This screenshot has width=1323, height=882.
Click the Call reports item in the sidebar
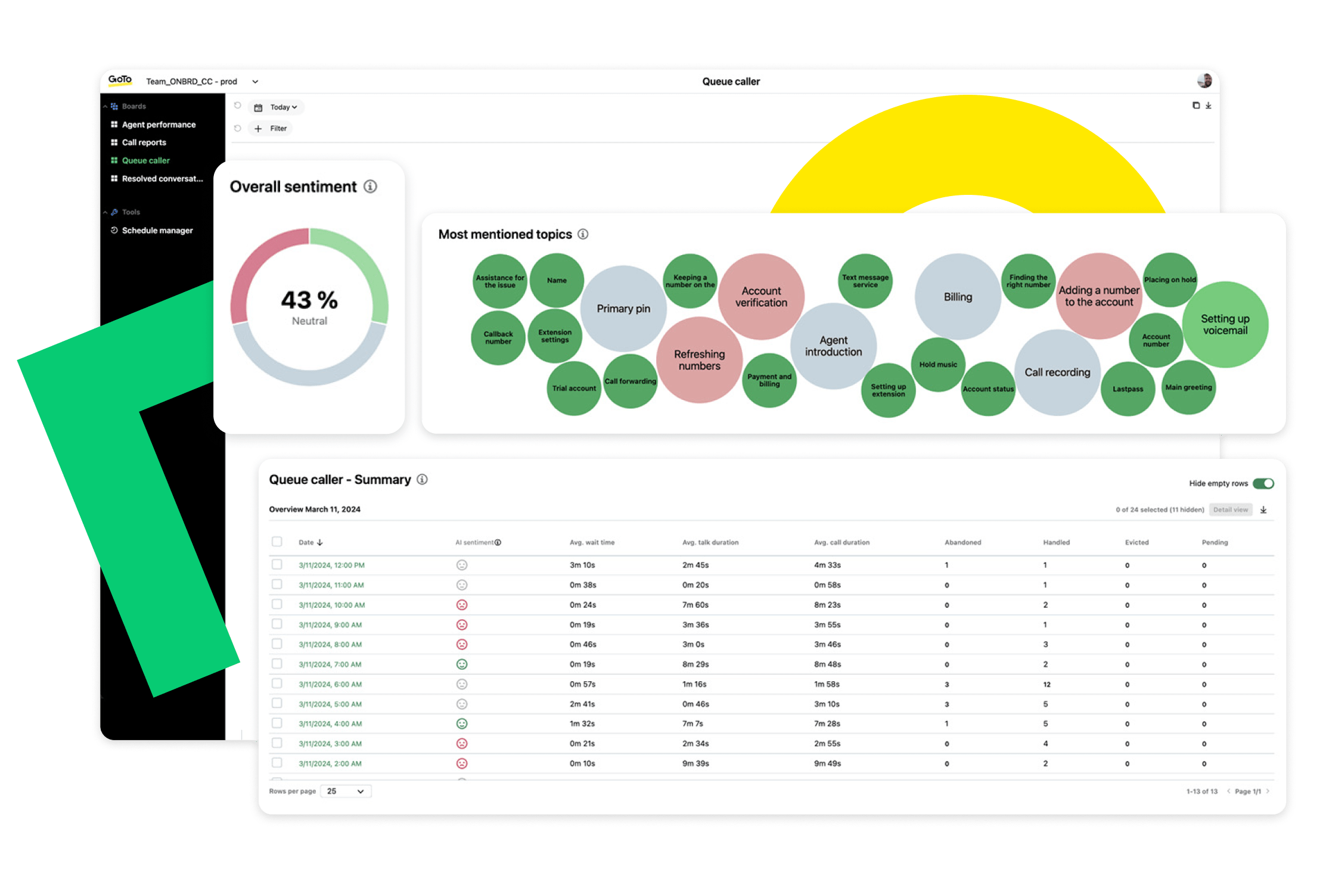coord(144,142)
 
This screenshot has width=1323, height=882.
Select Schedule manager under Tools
coord(157,231)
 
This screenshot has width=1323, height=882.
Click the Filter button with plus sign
coord(272,129)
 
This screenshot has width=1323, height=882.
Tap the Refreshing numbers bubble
coord(699,360)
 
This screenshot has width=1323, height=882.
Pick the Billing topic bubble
coord(957,297)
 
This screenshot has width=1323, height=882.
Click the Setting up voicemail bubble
coord(1225,325)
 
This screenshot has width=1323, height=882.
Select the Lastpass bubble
coord(1128,389)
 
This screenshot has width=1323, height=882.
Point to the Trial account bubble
coord(573,389)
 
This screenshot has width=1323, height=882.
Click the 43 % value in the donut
coord(309,300)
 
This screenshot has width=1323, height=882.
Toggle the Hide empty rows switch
coord(1263,483)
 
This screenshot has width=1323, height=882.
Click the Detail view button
coord(1230,510)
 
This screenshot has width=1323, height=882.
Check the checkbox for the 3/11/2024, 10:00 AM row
coord(277,604)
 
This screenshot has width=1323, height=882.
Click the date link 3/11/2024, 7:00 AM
coord(330,664)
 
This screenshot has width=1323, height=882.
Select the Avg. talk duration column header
coord(710,542)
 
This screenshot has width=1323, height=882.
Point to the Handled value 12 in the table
coord(1046,684)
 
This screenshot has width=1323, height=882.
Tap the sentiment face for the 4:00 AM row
coord(462,723)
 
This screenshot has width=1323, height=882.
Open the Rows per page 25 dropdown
coord(346,791)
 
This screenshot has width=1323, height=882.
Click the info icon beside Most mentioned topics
coord(583,234)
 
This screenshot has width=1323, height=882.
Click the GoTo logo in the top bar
coord(120,80)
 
